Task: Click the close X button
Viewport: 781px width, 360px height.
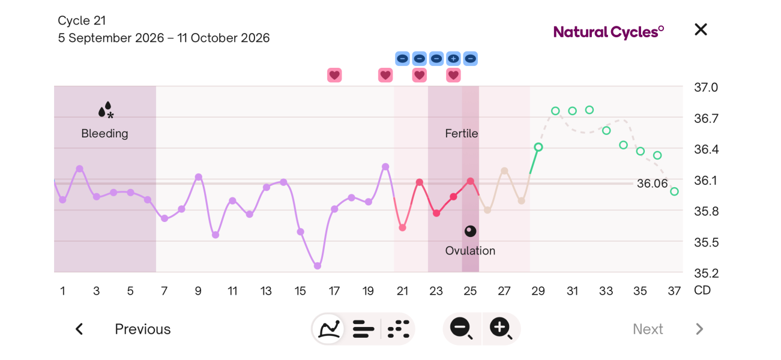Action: pos(701,29)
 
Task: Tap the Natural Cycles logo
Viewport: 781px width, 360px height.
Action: pos(609,32)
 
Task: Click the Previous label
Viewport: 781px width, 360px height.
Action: pos(143,329)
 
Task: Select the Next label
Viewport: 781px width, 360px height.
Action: pos(648,329)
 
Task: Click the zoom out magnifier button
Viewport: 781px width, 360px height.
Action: pos(462,328)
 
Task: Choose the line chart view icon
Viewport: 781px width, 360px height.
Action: pos(328,329)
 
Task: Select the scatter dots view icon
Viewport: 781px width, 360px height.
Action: pos(399,329)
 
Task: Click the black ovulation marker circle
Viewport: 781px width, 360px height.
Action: pos(471,231)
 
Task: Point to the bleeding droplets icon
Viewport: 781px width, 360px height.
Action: pos(106,110)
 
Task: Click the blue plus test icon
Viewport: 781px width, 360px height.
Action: pos(453,59)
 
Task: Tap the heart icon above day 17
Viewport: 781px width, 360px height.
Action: pos(334,75)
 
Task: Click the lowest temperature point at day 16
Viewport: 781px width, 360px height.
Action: pos(318,266)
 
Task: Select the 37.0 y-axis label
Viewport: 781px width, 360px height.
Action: pos(706,87)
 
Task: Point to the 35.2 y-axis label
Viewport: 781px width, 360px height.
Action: pos(707,273)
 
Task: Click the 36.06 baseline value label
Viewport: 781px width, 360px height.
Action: pos(652,184)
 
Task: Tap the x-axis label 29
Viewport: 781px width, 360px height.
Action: pos(538,291)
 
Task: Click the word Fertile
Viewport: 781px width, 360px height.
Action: pos(461,133)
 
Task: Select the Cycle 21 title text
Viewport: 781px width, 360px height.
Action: pos(82,20)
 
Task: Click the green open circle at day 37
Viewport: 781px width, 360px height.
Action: pos(674,191)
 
